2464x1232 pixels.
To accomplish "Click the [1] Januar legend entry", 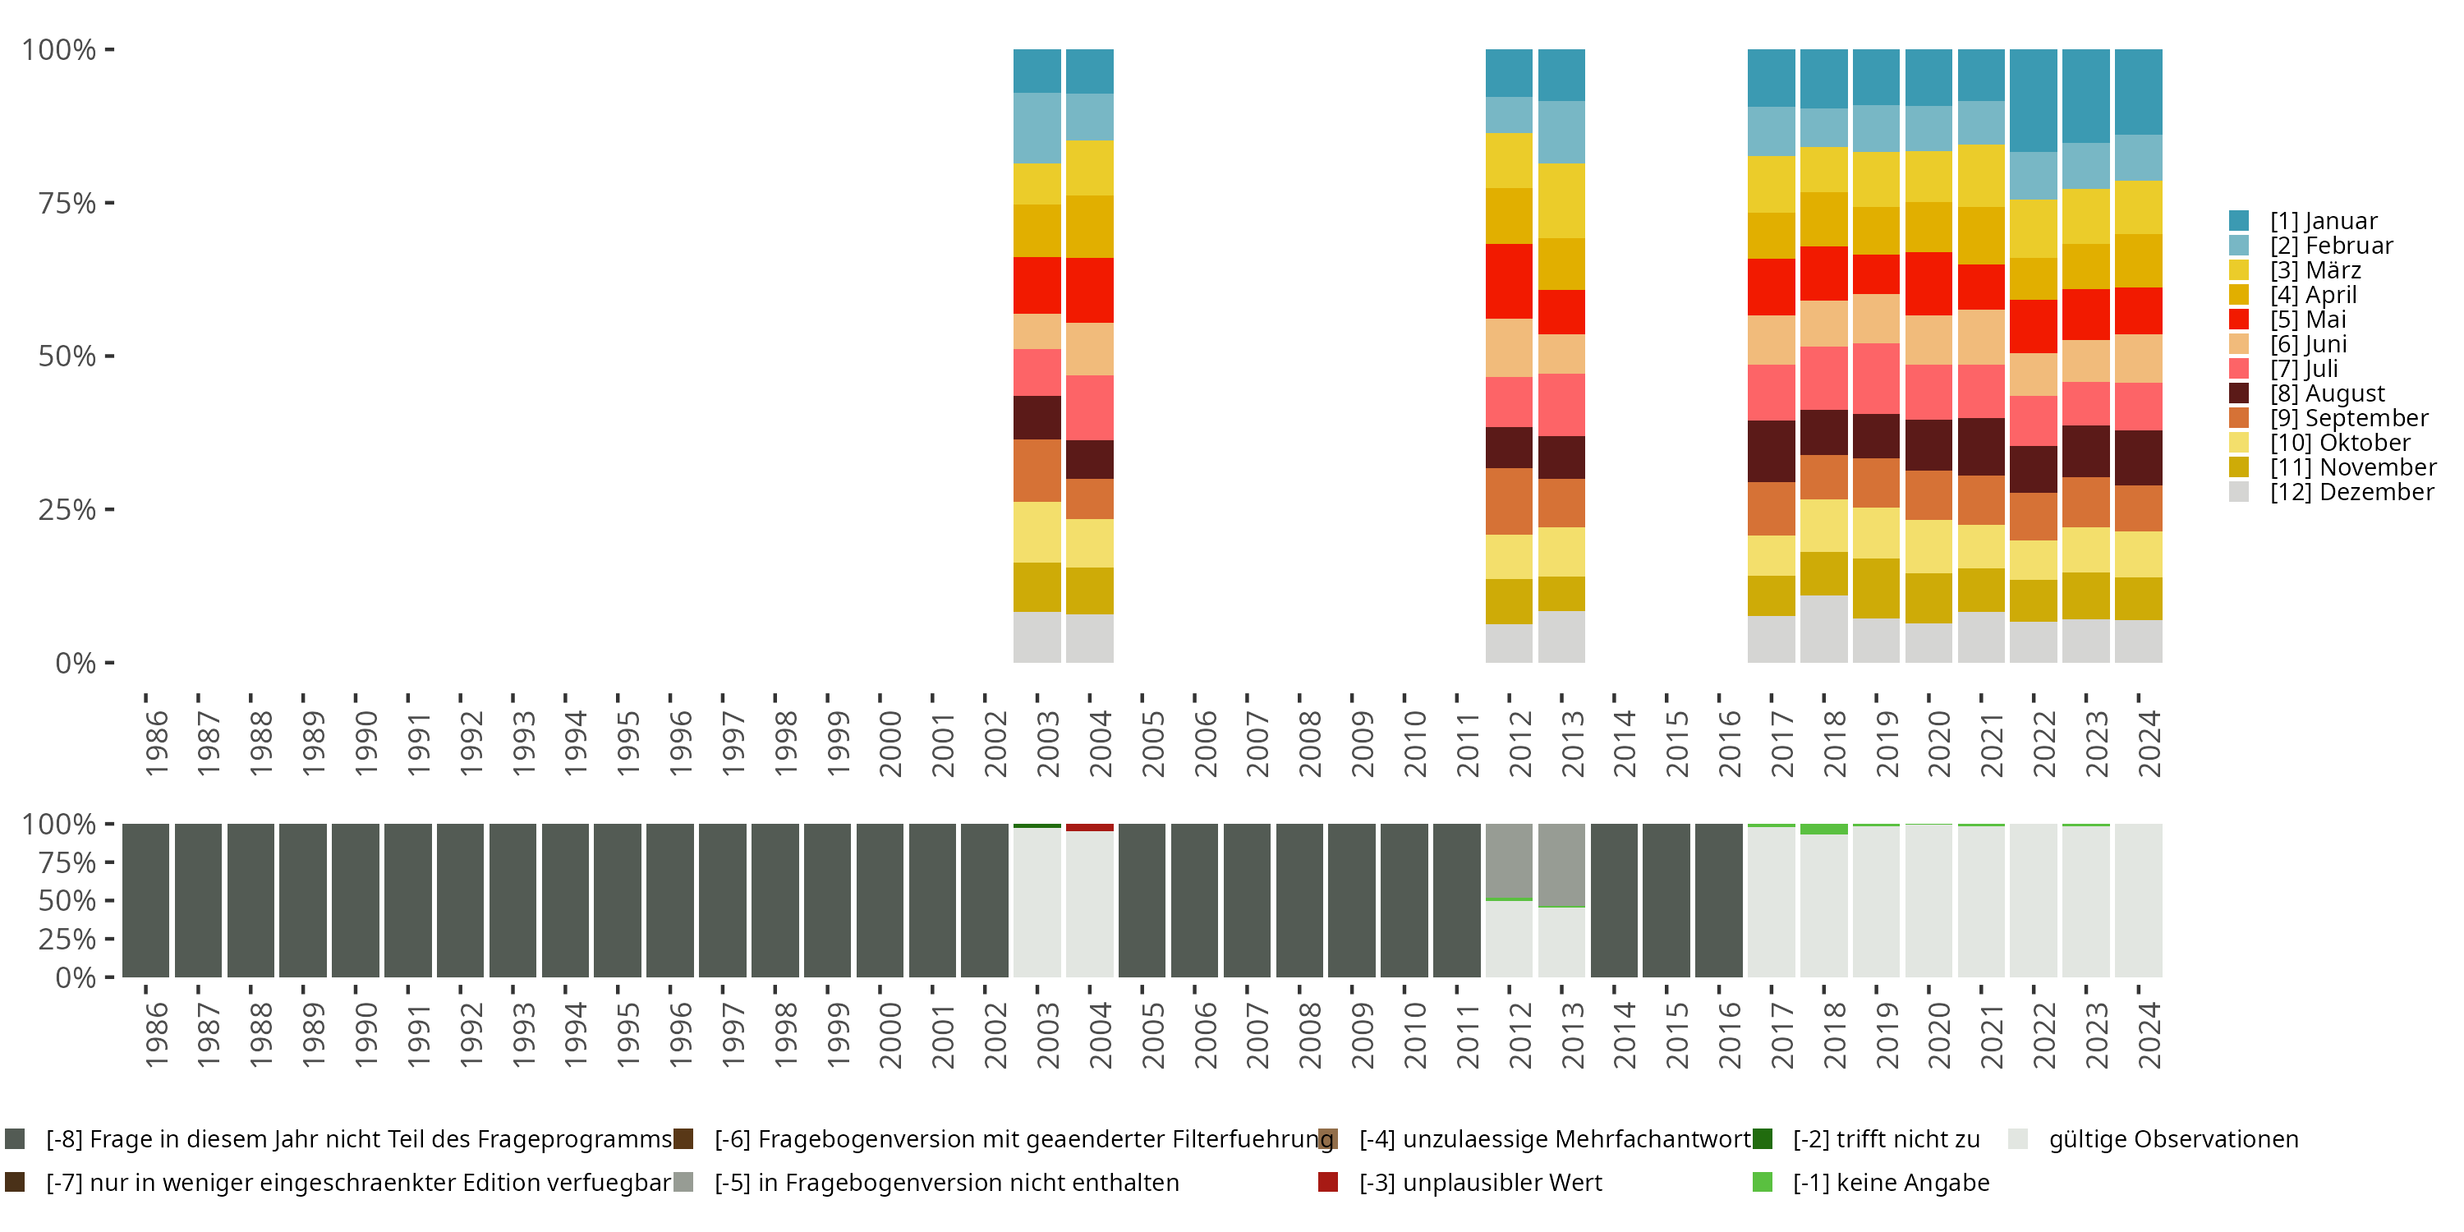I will pos(2323,221).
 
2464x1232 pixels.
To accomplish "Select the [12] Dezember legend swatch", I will pos(2238,492).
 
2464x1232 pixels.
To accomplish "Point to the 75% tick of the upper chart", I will pos(67,203).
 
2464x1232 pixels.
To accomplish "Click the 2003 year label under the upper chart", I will pos(1047,743).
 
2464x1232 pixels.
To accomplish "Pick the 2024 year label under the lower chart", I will pos(2149,1035).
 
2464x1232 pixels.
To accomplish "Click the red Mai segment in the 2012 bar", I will pos(1509,281).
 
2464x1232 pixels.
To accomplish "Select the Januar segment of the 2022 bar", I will pos(2033,100).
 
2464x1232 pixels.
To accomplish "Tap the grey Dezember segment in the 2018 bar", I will pos(1823,628).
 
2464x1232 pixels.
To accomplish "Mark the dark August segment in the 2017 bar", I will pos(1771,451).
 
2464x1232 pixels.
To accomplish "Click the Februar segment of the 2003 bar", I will pos(1037,128).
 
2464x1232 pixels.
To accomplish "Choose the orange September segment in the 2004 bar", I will pos(1089,499).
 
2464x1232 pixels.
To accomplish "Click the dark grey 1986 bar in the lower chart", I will pos(145,900).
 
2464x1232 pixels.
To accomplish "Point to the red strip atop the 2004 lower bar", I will pos(1089,827).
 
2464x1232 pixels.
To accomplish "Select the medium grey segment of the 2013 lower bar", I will pos(1561,865).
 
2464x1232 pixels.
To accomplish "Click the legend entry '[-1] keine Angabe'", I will pos(1890,1182).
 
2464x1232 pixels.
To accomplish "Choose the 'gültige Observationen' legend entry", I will pos(2172,1139).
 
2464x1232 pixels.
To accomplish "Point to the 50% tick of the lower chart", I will pos(67,900).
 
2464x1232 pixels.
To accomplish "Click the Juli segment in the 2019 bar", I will pos(1876,378).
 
